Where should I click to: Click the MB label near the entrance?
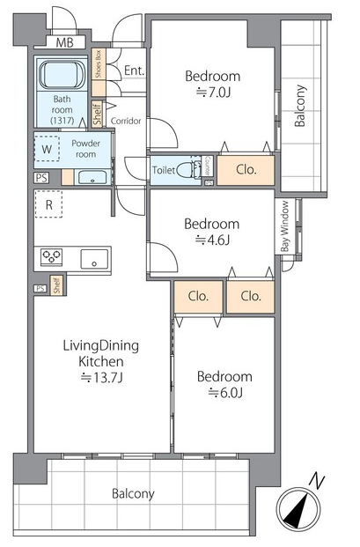65,42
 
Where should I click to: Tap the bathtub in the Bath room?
62,75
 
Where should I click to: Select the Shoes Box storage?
99,72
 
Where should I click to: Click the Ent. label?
134,70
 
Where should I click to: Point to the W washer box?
47,150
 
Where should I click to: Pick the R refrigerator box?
48,204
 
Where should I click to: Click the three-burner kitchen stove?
51,257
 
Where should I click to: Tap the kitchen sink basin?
94,259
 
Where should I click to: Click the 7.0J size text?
213,92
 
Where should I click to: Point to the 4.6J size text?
213,240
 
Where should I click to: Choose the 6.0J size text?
225,393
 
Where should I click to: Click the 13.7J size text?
101,378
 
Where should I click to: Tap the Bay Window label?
285,226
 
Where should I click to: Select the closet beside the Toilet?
246,170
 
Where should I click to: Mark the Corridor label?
126,121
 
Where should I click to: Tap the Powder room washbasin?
92,177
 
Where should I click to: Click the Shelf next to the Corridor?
97,114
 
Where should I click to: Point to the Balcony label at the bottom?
133,494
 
